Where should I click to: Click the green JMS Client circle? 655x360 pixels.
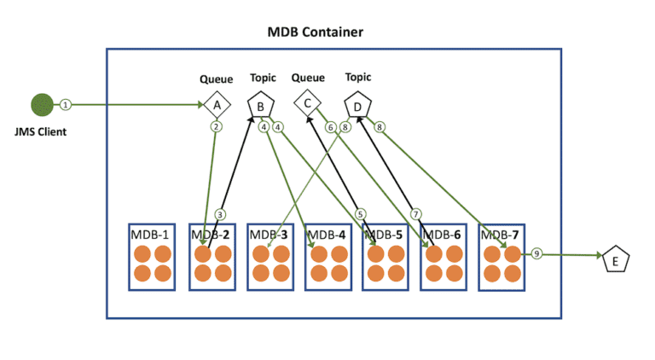pyautogui.click(x=42, y=105)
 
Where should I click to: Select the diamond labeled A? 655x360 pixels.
pyautogui.click(x=217, y=105)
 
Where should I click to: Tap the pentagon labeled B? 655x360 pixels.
pyautogui.click(x=260, y=106)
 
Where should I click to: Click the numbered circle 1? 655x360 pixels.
pyautogui.click(x=66, y=105)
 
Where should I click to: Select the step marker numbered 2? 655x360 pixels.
pyautogui.click(x=217, y=127)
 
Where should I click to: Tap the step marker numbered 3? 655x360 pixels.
pyautogui.click(x=220, y=214)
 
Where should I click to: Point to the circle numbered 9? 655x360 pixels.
pyautogui.click(x=536, y=254)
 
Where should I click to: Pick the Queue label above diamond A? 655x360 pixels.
pyautogui.click(x=217, y=80)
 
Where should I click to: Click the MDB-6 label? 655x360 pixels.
pyautogui.click(x=442, y=235)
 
